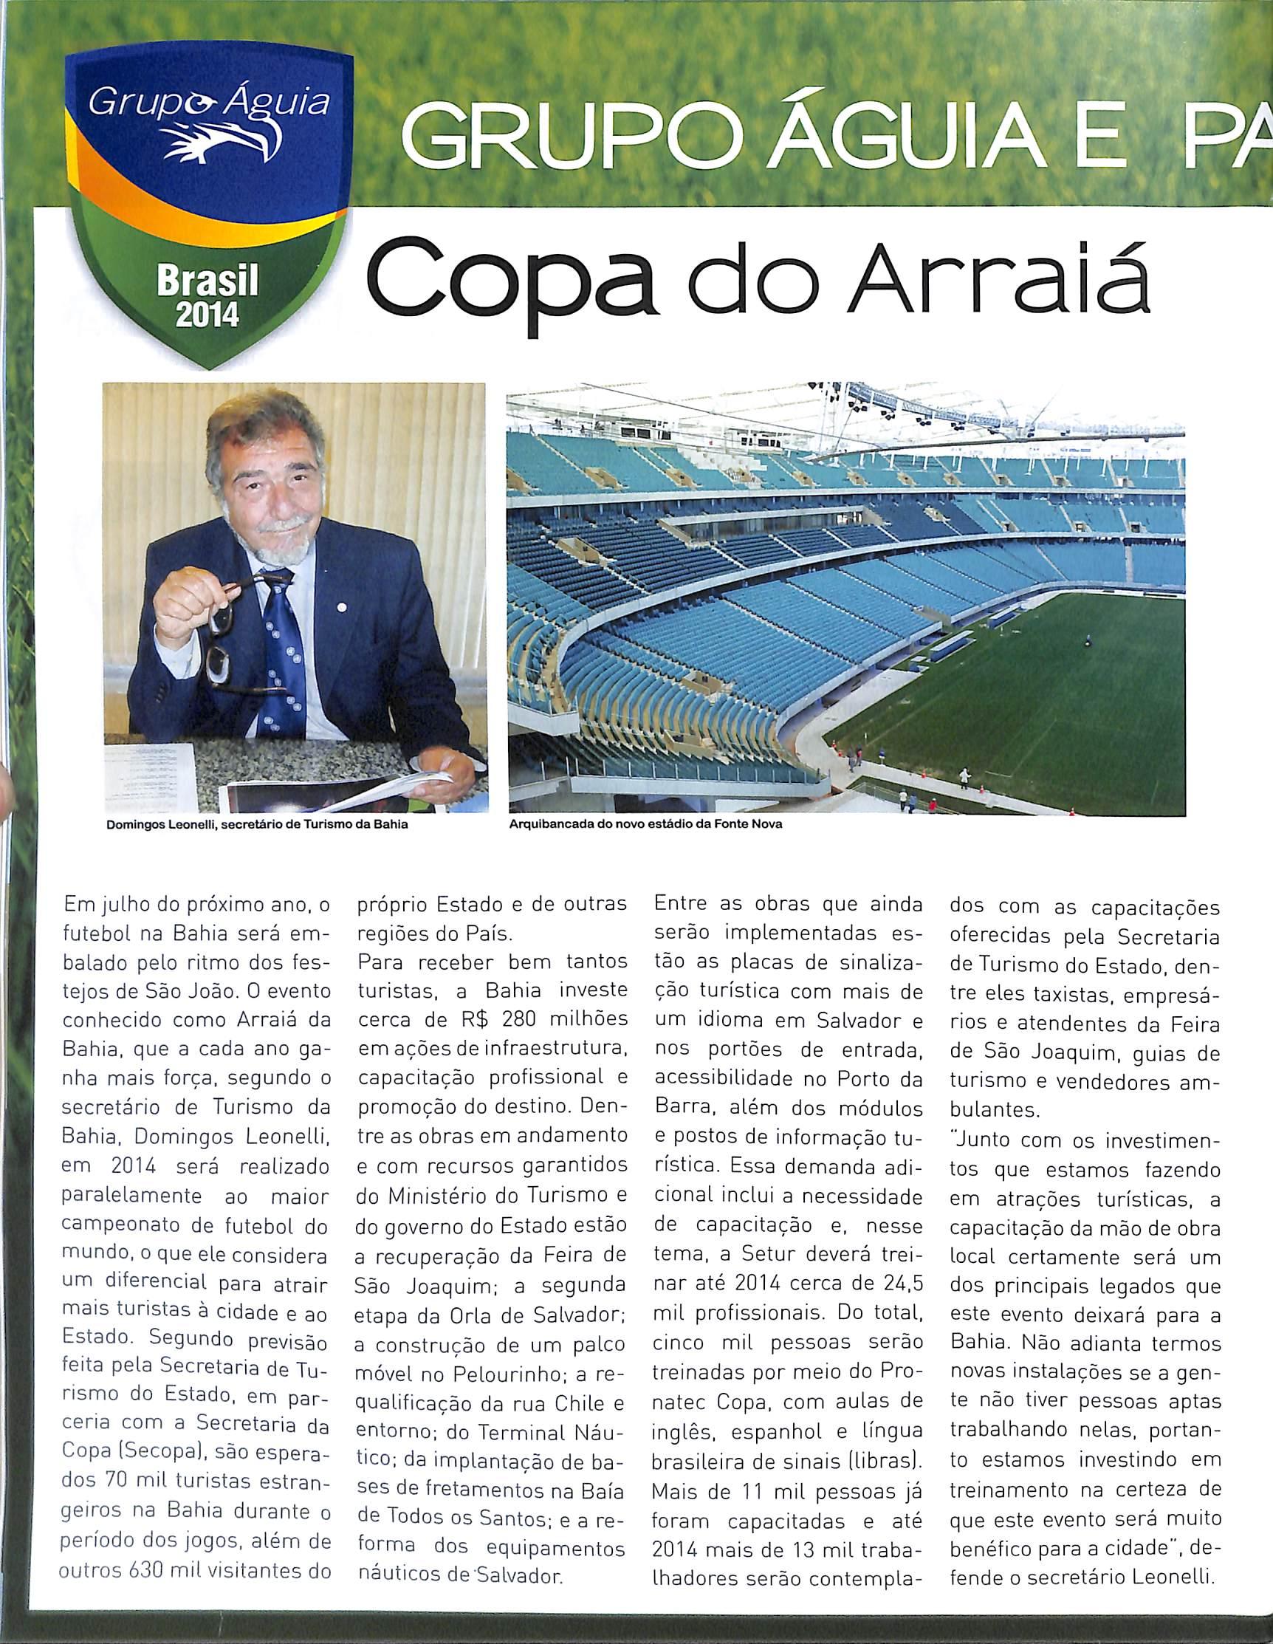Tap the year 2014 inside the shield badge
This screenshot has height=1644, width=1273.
206,312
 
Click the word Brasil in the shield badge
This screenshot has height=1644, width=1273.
207,281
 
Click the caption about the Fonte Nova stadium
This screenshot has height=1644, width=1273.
646,824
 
